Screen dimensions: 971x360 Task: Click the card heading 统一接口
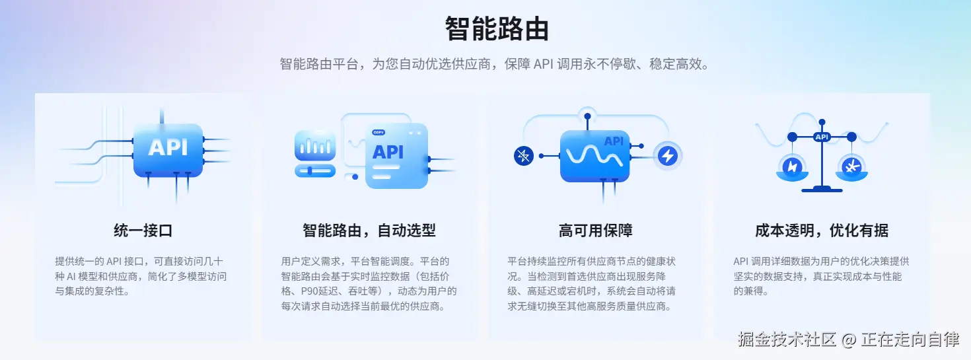(143, 231)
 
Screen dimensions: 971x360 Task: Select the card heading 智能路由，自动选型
(369, 231)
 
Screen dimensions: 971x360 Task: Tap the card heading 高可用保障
(595, 231)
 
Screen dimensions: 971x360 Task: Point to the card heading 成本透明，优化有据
(821, 231)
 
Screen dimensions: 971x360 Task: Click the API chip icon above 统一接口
(168, 149)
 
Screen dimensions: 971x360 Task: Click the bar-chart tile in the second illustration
(315, 146)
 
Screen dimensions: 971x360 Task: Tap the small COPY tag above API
(378, 133)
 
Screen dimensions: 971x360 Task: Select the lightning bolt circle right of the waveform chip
(668, 156)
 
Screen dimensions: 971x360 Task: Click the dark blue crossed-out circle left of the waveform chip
(523, 156)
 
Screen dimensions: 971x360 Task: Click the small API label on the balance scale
(822, 137)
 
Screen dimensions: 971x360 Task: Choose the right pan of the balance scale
(852, 168)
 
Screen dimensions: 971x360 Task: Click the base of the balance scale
(822, 190)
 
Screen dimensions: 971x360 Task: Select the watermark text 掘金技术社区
(787, 340)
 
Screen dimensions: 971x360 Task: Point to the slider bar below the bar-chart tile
(315, 170)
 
